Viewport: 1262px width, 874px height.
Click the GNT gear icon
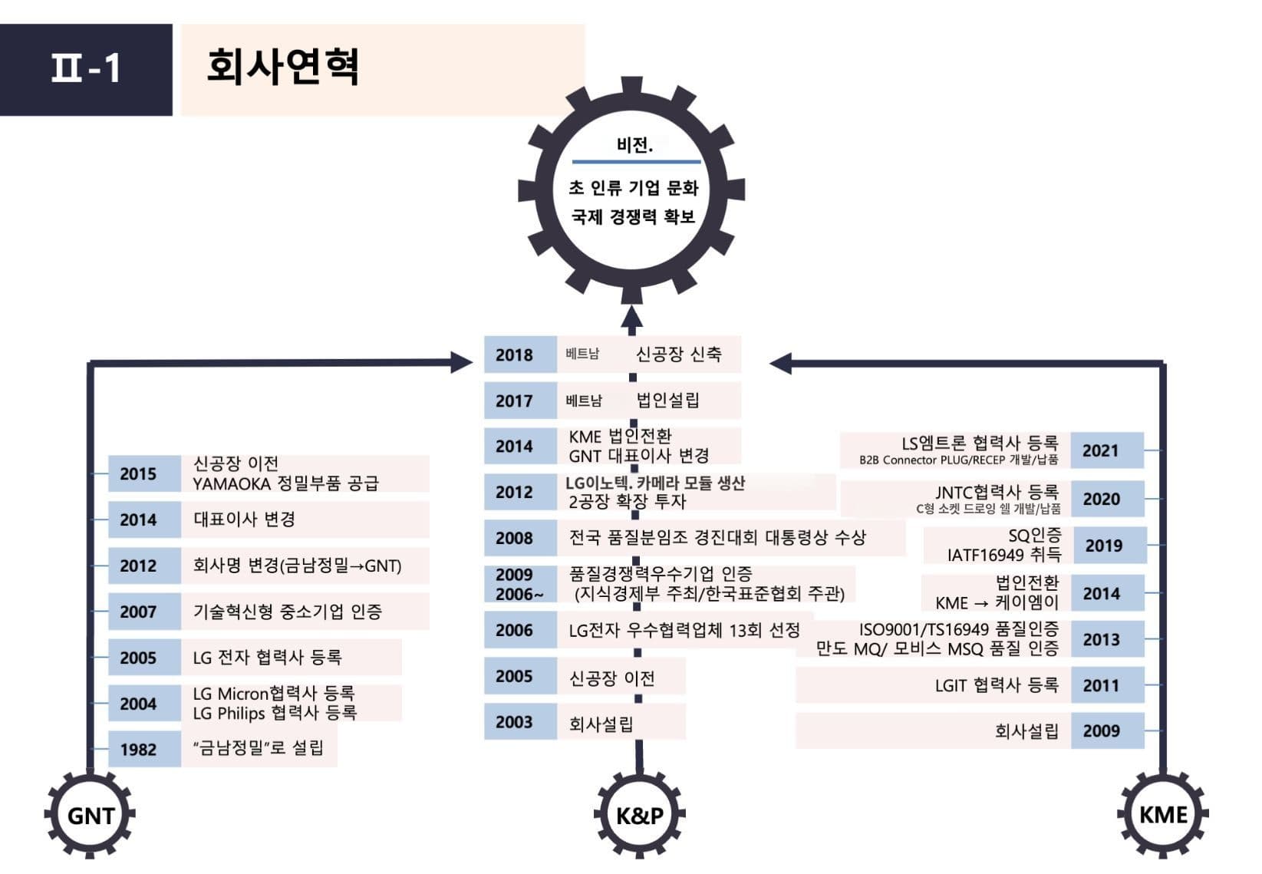click(x=90, y=814)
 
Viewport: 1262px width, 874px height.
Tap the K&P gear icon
click(x=639, y=814)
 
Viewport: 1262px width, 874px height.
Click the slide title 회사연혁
click(x=282, y=68)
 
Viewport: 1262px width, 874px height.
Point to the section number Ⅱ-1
click(x=85, y=69)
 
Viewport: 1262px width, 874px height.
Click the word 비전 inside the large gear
click(x=634, y=145)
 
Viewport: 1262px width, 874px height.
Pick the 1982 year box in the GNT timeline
click(x=138, y=749)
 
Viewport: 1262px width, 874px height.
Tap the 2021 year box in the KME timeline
click(x=1101, y=450)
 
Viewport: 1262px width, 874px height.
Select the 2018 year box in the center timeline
click(x=514, y=355)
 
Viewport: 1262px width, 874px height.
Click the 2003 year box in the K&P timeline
click(x=514, y=722)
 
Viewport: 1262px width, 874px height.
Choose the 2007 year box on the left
click(x=138, y=612)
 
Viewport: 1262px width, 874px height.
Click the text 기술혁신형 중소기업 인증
click(x=287, y=612)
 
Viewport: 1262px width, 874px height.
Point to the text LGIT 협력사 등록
click(x=996, y=685)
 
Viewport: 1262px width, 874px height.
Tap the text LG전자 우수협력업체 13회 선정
click(x=684, y=631)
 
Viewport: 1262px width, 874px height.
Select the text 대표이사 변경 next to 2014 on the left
click(x=244, y=519)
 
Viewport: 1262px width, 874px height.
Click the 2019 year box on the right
click(x=1103, y=546)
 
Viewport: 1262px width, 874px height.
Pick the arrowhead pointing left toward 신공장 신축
click(x=780, y=363)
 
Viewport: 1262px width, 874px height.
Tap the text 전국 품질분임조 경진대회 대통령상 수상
click(x=717, y=537)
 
